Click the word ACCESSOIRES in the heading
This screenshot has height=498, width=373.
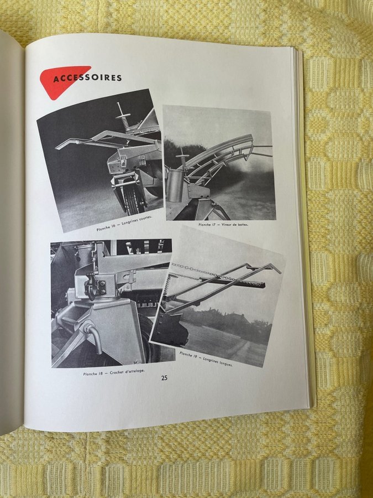87,78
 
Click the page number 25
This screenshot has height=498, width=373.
164,378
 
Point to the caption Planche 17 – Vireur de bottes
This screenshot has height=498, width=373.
223,225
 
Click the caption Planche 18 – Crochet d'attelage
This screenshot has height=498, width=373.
114,372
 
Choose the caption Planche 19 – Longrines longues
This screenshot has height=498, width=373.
206,359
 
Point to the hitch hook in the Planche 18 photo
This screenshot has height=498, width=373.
92,286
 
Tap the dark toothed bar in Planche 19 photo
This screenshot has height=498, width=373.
232,282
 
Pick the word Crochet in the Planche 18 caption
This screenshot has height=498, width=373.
116,372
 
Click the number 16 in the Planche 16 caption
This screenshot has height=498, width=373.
113,227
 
